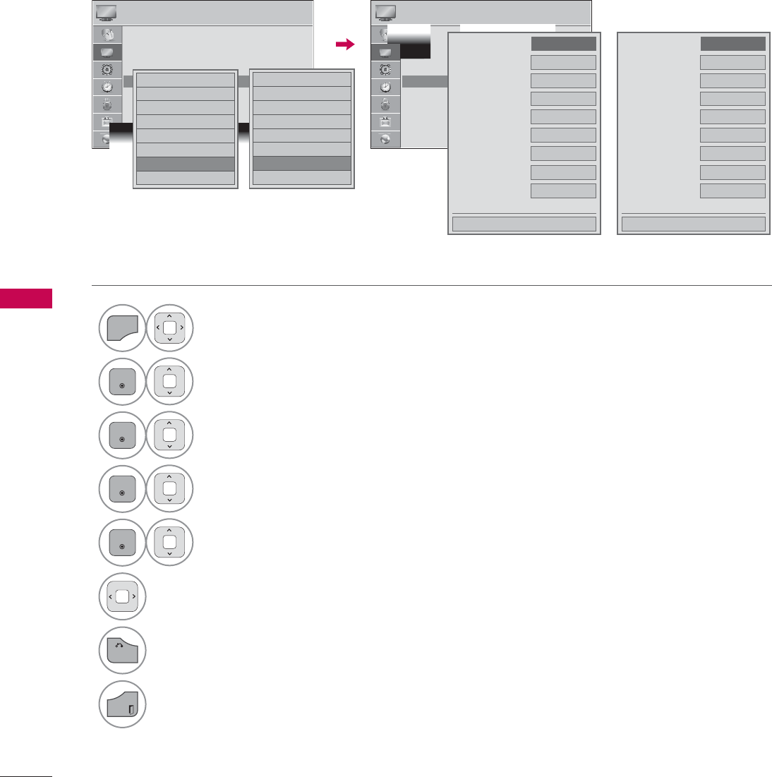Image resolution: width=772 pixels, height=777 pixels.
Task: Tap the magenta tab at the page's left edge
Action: coord(26,298)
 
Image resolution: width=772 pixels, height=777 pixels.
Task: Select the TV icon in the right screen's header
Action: coord(385,12)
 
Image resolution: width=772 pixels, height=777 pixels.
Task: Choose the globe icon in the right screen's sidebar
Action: coord(385,139)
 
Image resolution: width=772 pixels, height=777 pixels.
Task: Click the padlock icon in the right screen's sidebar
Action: coord(385,104)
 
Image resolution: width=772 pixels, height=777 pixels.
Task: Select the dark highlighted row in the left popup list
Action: coord(185,164)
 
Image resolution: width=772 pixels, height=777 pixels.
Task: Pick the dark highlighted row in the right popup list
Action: coord(301,164)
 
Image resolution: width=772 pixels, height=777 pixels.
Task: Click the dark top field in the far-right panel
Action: coord(732,44)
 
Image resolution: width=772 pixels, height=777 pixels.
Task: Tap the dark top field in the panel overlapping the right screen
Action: coord(563,44)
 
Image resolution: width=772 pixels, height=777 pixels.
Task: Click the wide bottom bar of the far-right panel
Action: coord(694,224)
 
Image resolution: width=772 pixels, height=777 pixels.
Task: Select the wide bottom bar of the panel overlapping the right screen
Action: coord(524,224)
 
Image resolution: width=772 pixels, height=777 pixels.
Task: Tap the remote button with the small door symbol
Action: coord(122,704)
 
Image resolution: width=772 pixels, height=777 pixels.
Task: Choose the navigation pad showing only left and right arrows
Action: coord(122,596)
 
